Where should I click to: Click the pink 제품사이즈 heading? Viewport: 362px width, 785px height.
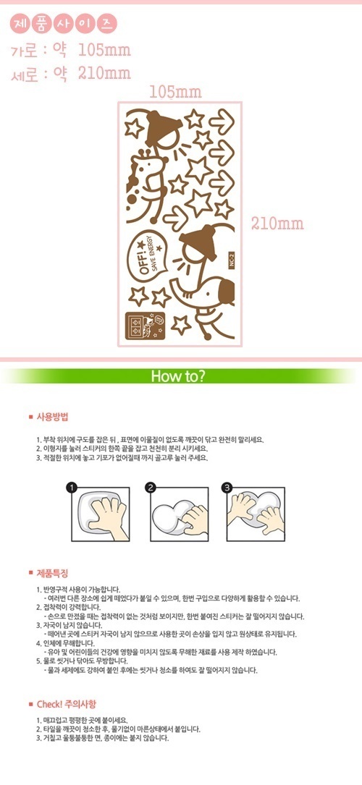coord(63,24)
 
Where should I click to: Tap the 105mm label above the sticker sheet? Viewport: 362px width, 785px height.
coord(176,92)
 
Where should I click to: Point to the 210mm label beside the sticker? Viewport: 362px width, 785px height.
coord(278,224)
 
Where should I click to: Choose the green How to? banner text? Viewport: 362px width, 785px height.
coord(178,375)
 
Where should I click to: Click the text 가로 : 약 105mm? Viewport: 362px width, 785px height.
coord(71,50)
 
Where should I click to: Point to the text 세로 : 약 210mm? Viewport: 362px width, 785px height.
coord(71,74)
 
